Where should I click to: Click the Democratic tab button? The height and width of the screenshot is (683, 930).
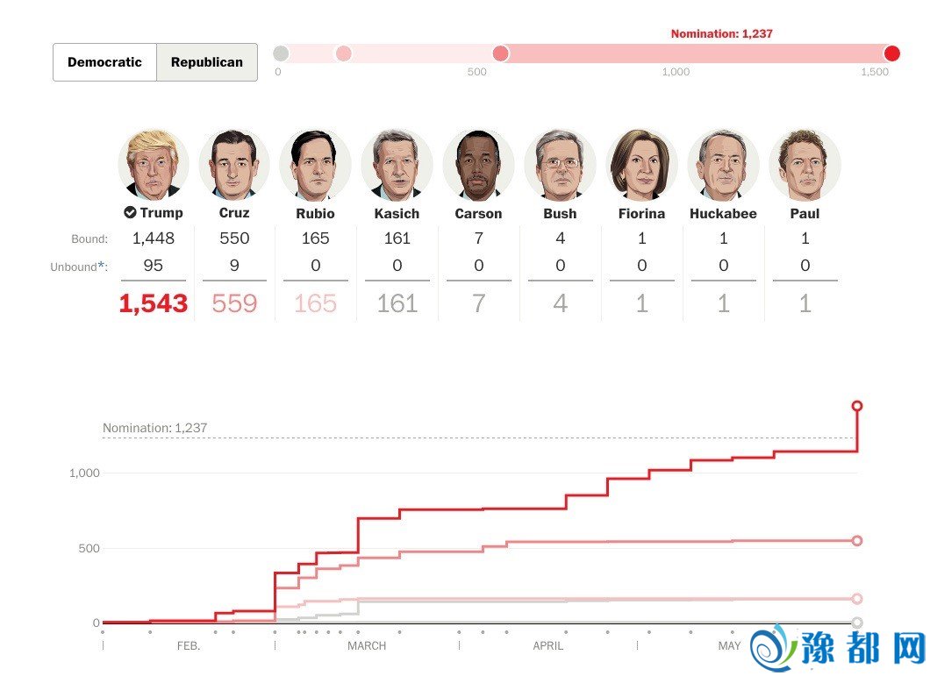(104, 62)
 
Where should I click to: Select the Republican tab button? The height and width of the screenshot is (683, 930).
(207, 62)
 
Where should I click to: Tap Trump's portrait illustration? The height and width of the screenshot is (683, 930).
(154, 165)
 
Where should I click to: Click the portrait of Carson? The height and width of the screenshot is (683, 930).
(478, 165)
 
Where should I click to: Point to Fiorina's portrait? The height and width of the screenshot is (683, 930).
(641, 165)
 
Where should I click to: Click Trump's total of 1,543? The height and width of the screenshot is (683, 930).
(154, 303)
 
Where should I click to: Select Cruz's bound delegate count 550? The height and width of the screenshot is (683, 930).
(234, 238)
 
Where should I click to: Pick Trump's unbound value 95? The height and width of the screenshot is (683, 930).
(154, 266)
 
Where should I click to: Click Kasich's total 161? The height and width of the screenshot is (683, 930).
(397, 303)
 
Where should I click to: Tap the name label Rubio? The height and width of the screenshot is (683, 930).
(315, 213)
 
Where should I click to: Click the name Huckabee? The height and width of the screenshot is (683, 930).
(723, 213)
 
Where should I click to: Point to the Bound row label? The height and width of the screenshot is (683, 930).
(89, 238)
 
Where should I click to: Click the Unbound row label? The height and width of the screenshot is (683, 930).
(76, 267)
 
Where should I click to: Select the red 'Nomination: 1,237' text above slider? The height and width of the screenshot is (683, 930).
(721, 34)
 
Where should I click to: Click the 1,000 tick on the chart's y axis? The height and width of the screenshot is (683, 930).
(85, 473)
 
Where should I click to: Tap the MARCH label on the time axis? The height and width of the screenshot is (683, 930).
(367, 646)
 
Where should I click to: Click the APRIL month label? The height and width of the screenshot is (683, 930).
(548, 646)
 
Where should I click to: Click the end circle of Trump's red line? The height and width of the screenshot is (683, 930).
(857, 406)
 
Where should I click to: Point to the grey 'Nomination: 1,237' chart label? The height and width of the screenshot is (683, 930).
(155, 428)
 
